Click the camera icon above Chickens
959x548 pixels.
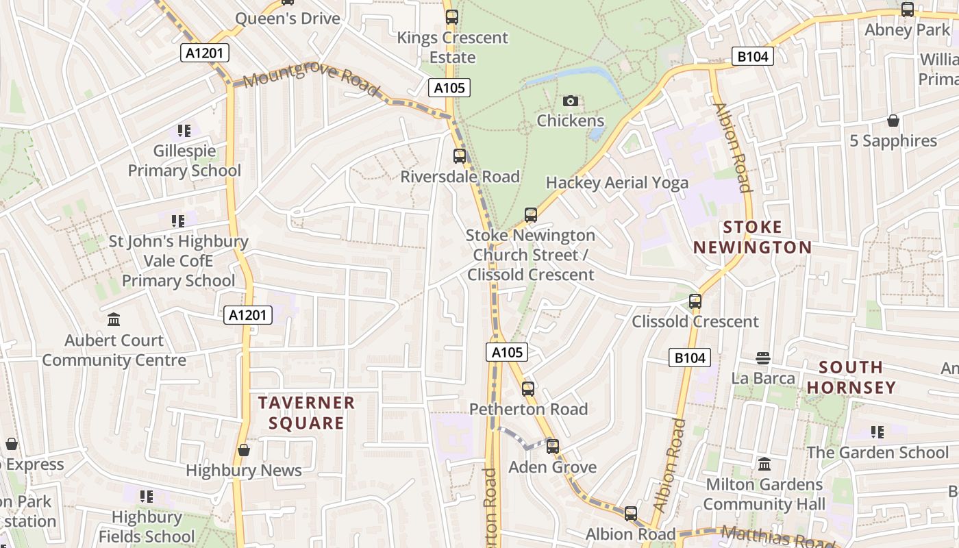click(570, 101)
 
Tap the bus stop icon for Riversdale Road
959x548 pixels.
click(459, 156)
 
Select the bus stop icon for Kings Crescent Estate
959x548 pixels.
click(451, 17)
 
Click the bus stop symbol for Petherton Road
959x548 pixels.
click(527, 389)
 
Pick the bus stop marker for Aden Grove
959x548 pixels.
click(552, 447)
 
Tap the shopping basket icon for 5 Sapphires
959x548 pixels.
click(893, 121)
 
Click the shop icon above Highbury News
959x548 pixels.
click(243, 450)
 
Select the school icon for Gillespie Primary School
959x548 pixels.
click(184, 130)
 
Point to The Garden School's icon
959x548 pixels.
click(877, 432)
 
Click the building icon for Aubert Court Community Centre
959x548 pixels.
click(114, 320)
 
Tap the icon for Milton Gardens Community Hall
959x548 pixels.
click(764, 464)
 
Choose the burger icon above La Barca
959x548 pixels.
click(763, 358)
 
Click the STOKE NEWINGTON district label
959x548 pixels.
click(753, 237)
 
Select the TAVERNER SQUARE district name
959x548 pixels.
click(306, 412)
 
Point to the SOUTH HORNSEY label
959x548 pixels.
click(851, 377)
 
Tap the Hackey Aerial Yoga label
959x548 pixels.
click(616, 183)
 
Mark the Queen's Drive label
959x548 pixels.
click(288, 18)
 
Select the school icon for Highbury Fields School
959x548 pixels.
click(146, 497)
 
